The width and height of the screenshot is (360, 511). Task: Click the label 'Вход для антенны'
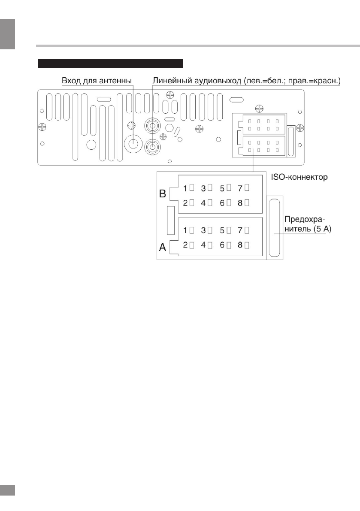point(97,81)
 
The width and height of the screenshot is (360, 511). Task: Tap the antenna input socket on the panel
point(133,143)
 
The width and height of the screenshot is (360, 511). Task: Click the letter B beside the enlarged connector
point(163,194)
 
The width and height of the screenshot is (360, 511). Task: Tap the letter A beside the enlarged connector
point(163,248)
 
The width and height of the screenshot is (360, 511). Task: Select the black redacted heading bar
point(111,64)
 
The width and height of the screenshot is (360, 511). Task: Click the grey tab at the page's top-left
point(8,33)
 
